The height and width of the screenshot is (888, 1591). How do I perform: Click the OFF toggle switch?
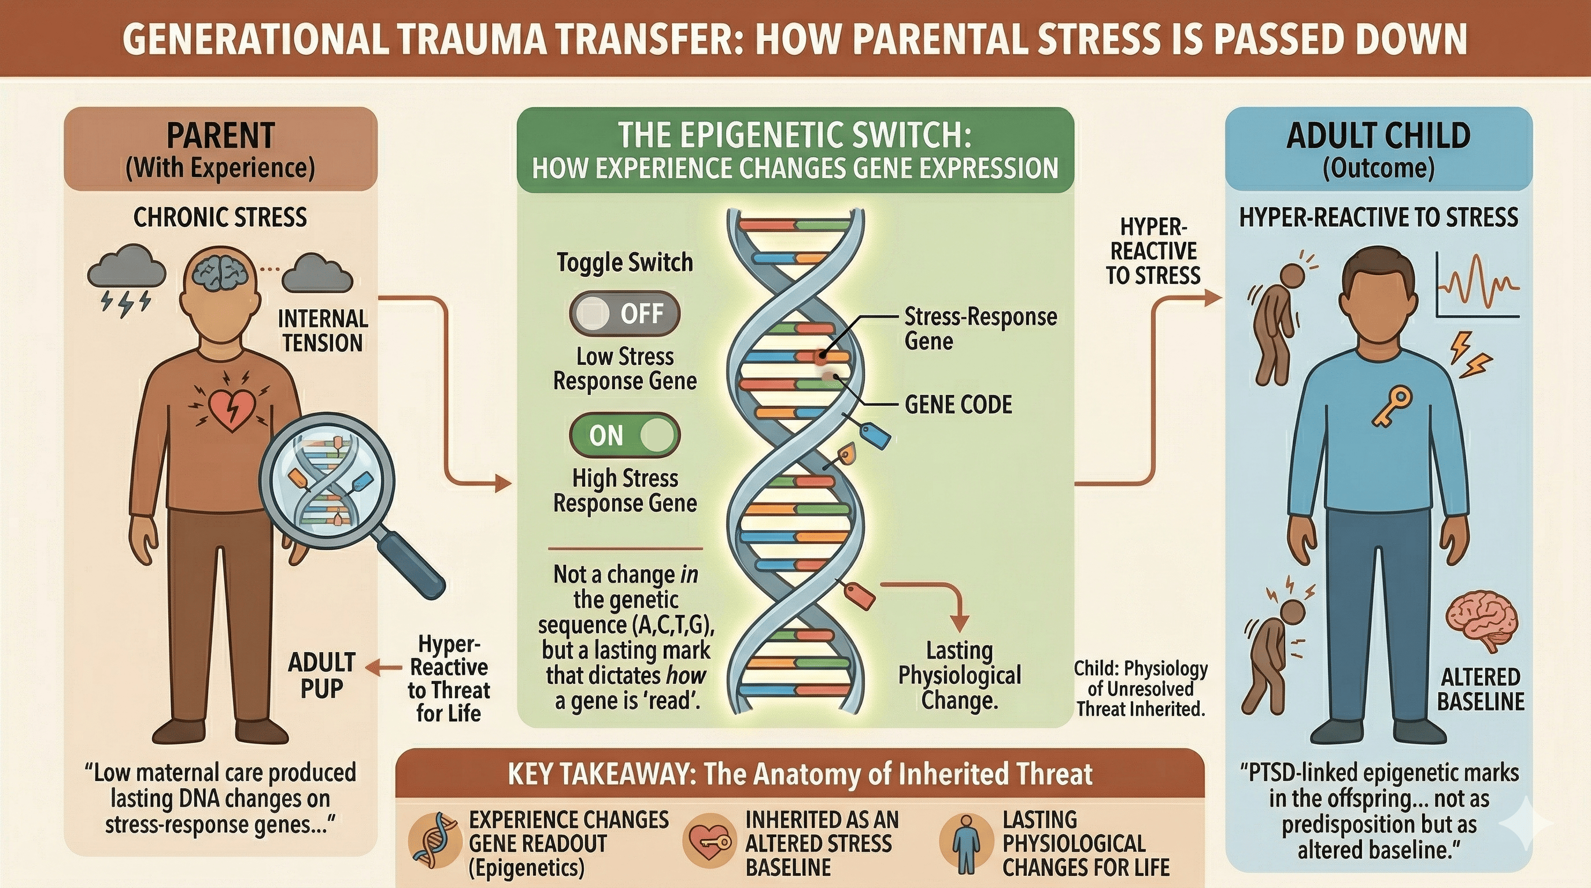pos(624,313)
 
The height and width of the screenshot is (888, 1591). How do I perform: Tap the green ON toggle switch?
pos(624,435)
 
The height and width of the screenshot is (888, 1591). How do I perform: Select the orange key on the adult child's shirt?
pos(1392,406)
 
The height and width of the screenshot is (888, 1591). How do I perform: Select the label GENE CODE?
pos(958,405)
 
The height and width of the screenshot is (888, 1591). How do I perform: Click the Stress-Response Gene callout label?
pos(980,328)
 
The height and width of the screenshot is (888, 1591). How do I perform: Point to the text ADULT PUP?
pos(321,675)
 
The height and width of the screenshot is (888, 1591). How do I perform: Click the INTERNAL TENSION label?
pos(323,331)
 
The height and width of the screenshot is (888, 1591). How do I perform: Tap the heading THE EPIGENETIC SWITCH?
pos(795,135)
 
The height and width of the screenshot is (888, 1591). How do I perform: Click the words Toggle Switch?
pos(624,262)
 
